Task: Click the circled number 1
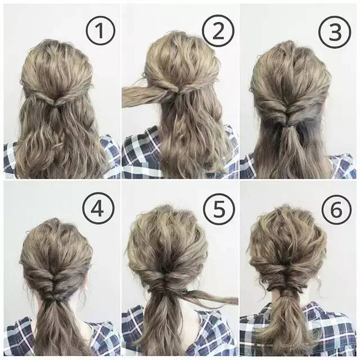pyautogui.click(x=100, y=31)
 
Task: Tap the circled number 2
pyautogui.click(x=218, y=31)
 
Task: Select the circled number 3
pyautogui.click(x=335, y=32)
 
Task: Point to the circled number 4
pyautogui.click(x=98, y=209)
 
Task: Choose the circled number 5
pyautogui.click(x=219, y=209)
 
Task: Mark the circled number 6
pyautogui.click(x=336, y=210)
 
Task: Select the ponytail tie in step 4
pyautogui.click(x=53, y=298)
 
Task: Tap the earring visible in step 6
pyautogui.click(x=319, y=278)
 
